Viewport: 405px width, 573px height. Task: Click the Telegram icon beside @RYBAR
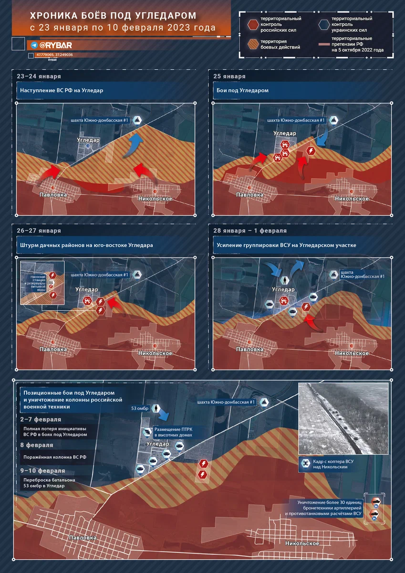click(34, 45)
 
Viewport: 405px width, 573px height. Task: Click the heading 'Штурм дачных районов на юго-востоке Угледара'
click(86, 245)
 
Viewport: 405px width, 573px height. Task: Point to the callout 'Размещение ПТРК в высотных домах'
click(173, 432)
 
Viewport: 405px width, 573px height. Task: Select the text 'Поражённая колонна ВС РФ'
click(55, 457)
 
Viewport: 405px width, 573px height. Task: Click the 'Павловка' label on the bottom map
click(83, 538)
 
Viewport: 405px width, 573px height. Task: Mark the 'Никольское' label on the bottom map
click(301, 543)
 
